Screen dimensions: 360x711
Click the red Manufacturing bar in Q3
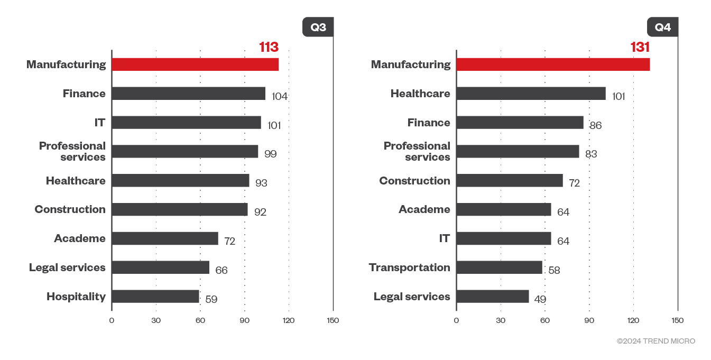(195, 64)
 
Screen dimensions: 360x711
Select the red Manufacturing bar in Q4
(553, 64)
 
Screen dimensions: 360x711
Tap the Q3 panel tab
(318, 27)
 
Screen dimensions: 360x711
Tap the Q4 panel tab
(662, 27)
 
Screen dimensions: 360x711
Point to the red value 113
(269, 48)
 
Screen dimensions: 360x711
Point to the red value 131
(640, 48)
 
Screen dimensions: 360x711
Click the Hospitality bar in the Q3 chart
(155, 297)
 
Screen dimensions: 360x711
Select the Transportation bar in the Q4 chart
(500, 267)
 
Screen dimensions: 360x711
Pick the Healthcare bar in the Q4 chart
(531, 94)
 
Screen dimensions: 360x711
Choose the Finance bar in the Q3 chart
(189, 94)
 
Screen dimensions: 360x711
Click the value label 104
(280, 96)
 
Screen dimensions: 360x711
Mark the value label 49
(540, 299)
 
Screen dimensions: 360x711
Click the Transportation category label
(410, 267)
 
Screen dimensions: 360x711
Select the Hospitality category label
(76, 297)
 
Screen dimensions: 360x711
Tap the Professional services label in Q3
(72, 151)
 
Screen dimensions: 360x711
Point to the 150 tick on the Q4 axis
(677, 320)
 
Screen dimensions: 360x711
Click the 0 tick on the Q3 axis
(112, 320)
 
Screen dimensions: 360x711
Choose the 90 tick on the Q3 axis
(244, 320)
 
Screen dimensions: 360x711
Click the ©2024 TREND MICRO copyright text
(656, 341)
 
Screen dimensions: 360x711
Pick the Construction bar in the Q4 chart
(510, 181)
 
